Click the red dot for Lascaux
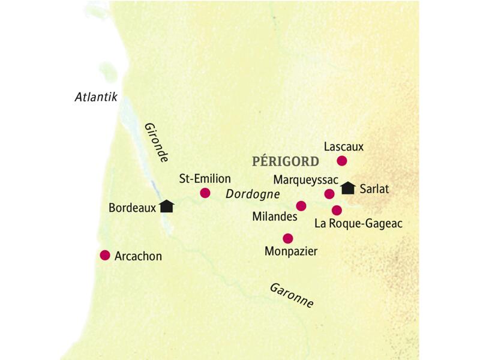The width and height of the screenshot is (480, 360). tap(342, 160)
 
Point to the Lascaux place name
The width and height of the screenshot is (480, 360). tap(343, 146)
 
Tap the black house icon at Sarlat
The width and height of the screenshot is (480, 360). tap(348, 188)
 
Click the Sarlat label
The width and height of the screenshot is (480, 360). tap(375, 188)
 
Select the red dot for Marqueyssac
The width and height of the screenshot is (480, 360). tap(329, 193)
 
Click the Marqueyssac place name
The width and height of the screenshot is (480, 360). tap(305, 179)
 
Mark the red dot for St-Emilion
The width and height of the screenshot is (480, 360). tap(205, 193)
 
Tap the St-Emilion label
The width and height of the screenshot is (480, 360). tap(205, 179)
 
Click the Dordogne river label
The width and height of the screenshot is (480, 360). tap(253, 194)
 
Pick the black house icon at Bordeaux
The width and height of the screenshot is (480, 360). tap(167, 206)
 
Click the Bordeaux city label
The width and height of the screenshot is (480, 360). tap(133, 208)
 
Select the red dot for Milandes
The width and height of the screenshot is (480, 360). tap(301, 206)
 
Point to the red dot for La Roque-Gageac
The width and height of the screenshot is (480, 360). tap(337, 210)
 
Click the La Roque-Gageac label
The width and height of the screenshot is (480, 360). tap(358, 224)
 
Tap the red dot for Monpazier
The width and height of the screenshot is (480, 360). tap(288, 238)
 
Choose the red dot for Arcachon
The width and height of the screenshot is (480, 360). tap(105, 255)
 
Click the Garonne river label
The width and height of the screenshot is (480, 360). tap(291, 295)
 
